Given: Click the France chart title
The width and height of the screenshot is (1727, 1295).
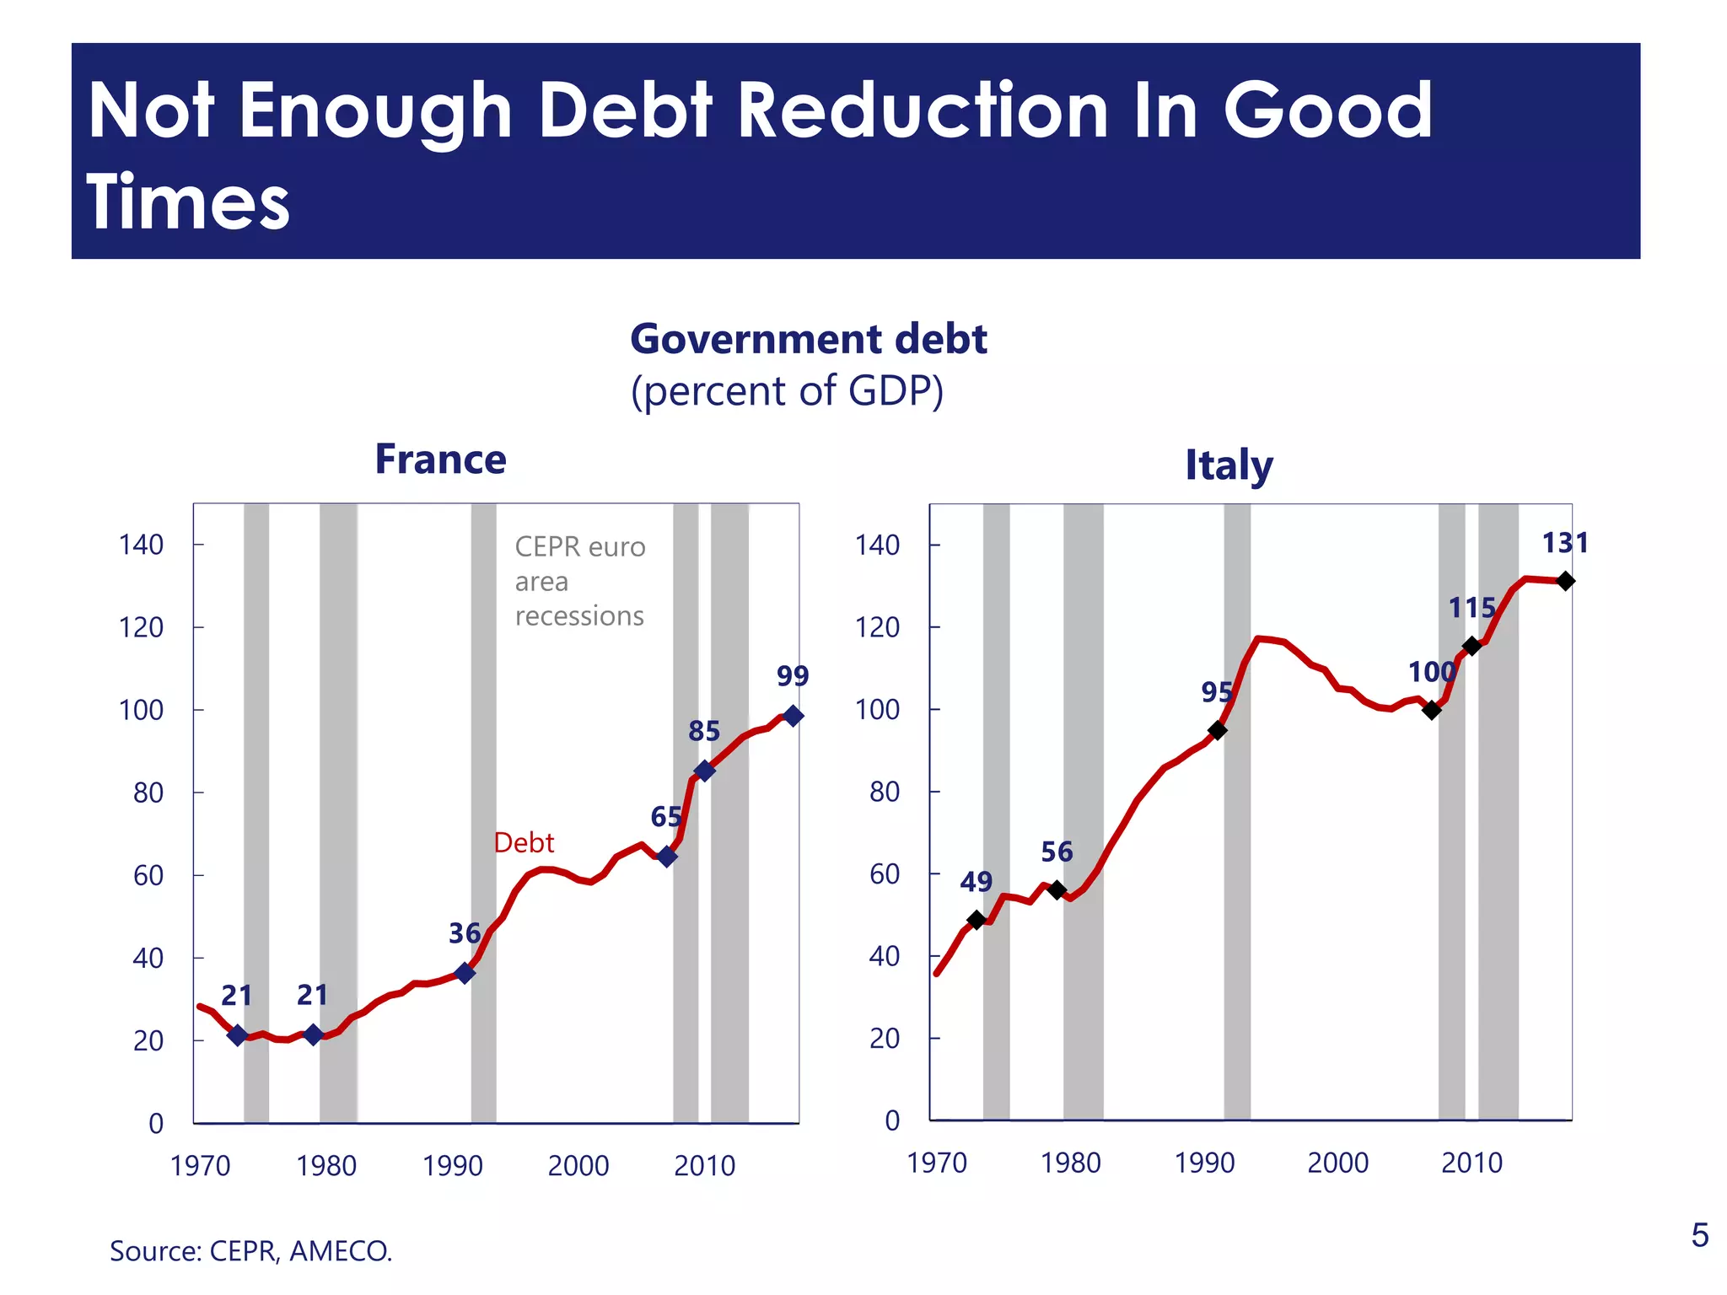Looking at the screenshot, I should [x=440, y=459].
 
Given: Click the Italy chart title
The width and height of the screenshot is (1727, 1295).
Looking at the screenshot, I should [x=1229, y=465].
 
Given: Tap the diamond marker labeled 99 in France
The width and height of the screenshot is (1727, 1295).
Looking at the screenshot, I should [x=793, y=716].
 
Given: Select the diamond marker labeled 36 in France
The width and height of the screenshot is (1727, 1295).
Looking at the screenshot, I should [x=465, y=973].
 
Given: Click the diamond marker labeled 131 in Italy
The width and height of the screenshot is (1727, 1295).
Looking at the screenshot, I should [x=1565, y=581].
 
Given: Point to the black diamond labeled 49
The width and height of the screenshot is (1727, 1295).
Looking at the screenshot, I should [x=976, y=920].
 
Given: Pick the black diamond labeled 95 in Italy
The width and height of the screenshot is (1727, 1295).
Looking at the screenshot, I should [x=1217, y=730].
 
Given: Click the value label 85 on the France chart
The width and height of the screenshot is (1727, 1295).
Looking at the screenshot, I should [x=704, y=731].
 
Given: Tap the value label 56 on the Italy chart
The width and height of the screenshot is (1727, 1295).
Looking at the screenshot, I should [x=1057, y=852].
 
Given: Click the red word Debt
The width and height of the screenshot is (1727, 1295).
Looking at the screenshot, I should [x=524, y=842].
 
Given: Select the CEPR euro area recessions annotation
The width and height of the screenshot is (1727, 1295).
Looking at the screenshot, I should [x=579, y=581].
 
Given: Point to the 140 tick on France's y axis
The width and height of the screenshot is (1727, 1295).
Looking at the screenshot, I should [x=141, y=545].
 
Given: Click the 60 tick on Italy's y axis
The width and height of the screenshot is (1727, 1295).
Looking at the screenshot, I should [x=884, y=874].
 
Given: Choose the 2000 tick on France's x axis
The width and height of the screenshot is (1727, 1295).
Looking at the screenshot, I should [x=578, y=1166].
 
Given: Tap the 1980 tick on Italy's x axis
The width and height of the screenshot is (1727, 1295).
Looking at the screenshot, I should [x=1070, y=1163].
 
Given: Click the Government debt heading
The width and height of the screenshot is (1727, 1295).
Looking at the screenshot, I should [x=808, y=339].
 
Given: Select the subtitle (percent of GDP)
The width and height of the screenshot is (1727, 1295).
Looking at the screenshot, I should [x=787, y=391].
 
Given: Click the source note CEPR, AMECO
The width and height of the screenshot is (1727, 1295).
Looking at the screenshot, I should [x=251, y=1250].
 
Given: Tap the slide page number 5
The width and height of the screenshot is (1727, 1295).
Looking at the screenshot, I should [x=1699, y=1235].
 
